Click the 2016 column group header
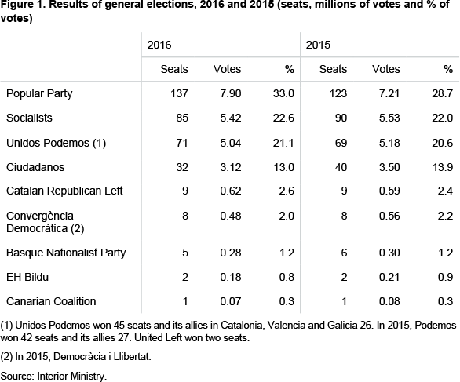pyautogui.click(x=159, y=45)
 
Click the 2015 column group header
pyautogui.click(x=318, y=45)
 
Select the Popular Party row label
pyautogui.click(x=39, y=94)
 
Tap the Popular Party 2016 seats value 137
pyautogui.click(x=179, y=93)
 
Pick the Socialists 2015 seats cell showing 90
pyautogui.click(x=341, y=118)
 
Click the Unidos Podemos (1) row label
pyautogui.click(x=56, y=143)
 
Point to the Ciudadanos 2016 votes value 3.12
pyautogui.click(x=231, y=167)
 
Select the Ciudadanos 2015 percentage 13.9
pyautogui.click(x=443, y=167)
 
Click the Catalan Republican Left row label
pyautogui.click(x=64, y=191)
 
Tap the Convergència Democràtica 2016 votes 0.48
pyautogui.click(x=231, y=216)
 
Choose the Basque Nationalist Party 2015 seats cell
pyautogui.click(x=344, y=253)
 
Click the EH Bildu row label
pyautogui.click(x=27, y=277)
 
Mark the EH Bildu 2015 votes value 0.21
pyautogui.click(x=389, y=277)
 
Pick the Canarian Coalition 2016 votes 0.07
pyautogui.click(x=231, y=301)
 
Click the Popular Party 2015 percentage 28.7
pyautogui.click(x=443, y=93)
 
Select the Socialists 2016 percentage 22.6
pyautogui.click(x=283, y=118)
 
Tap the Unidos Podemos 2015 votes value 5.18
pyautogui.click(x=389, y=143)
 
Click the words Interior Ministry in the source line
pyautogui.click(x=71, y=377)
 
